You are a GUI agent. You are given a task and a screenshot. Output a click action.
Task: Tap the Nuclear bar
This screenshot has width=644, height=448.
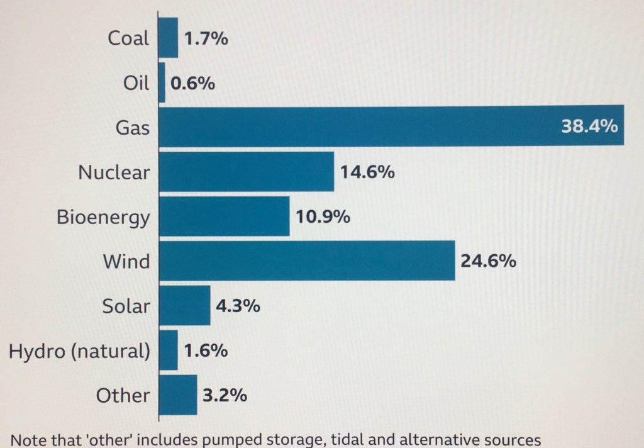246,171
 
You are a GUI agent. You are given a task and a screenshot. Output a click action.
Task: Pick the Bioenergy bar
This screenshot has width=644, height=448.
224,216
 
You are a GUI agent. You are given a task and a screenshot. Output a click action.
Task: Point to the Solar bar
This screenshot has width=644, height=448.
184,305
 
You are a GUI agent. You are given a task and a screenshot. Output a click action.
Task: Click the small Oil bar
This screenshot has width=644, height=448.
162,82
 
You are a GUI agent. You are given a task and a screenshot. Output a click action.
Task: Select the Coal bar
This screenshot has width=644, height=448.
168,38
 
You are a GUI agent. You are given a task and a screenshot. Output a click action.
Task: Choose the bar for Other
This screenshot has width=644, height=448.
177,395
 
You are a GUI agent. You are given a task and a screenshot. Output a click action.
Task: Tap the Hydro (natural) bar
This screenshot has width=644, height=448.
168,350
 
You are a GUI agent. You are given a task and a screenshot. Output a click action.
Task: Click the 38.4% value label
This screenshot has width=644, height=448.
589,126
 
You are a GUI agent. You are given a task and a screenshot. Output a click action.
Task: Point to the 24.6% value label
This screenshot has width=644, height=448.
488,260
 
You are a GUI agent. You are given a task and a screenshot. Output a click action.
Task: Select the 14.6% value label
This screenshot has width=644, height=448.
367,171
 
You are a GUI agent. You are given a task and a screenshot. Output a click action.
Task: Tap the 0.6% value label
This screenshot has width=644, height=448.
193,83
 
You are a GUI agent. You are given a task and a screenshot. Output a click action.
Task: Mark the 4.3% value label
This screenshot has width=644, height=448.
238,306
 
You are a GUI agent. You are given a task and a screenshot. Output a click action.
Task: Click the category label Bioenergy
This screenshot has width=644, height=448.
103,217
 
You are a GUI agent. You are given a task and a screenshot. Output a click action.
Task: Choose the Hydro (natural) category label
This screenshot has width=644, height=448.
79,351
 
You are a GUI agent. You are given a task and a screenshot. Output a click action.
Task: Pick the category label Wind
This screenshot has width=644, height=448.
126,261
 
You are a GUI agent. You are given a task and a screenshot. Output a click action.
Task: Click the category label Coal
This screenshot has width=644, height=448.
129,38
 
